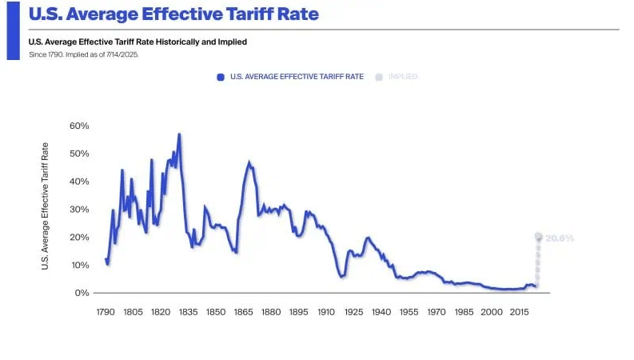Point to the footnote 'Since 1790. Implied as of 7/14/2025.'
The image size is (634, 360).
pos(84,54)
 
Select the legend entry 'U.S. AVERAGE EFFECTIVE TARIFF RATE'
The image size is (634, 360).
pos(296,77)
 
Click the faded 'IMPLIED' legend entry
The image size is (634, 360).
pos(402,77)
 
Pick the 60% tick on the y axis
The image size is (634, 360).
pos(79,126)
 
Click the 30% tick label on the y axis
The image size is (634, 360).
pos(79,210)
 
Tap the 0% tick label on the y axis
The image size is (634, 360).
pos(82,293)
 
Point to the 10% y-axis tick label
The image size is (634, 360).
pos(79,265)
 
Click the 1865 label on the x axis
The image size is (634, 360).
pos(243,312)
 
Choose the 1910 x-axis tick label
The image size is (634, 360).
pos(326,312)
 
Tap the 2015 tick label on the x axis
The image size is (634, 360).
pos(519,312)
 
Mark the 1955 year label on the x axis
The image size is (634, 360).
pos(409,312)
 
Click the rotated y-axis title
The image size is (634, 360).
pos(46,206)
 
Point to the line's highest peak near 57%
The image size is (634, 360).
pos(179,134)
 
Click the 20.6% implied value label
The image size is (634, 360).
pos(560,238)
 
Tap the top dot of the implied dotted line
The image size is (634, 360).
pos(538,237)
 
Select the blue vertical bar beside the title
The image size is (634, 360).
pos(13,30)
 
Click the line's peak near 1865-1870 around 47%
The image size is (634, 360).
pos(249,162)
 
